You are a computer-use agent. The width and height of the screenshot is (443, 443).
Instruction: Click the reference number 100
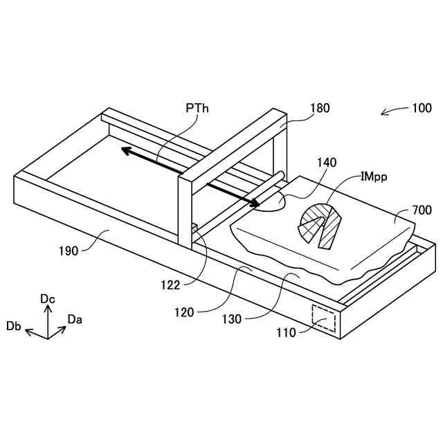point(422,108)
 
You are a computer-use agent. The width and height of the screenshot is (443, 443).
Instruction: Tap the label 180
point(320,108)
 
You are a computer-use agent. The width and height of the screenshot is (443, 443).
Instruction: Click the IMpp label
point(374,177)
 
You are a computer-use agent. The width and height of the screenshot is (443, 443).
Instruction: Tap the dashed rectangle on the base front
point(324,317)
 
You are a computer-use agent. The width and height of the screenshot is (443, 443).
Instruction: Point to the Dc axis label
point(47,298)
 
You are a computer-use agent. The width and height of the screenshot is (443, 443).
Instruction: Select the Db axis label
point(13,326)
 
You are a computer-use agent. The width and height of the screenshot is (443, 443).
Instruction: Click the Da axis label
point(75,319)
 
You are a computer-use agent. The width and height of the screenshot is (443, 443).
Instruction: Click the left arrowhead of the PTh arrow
point(122,149)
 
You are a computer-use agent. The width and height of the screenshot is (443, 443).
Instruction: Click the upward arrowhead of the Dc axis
point(47,309)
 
